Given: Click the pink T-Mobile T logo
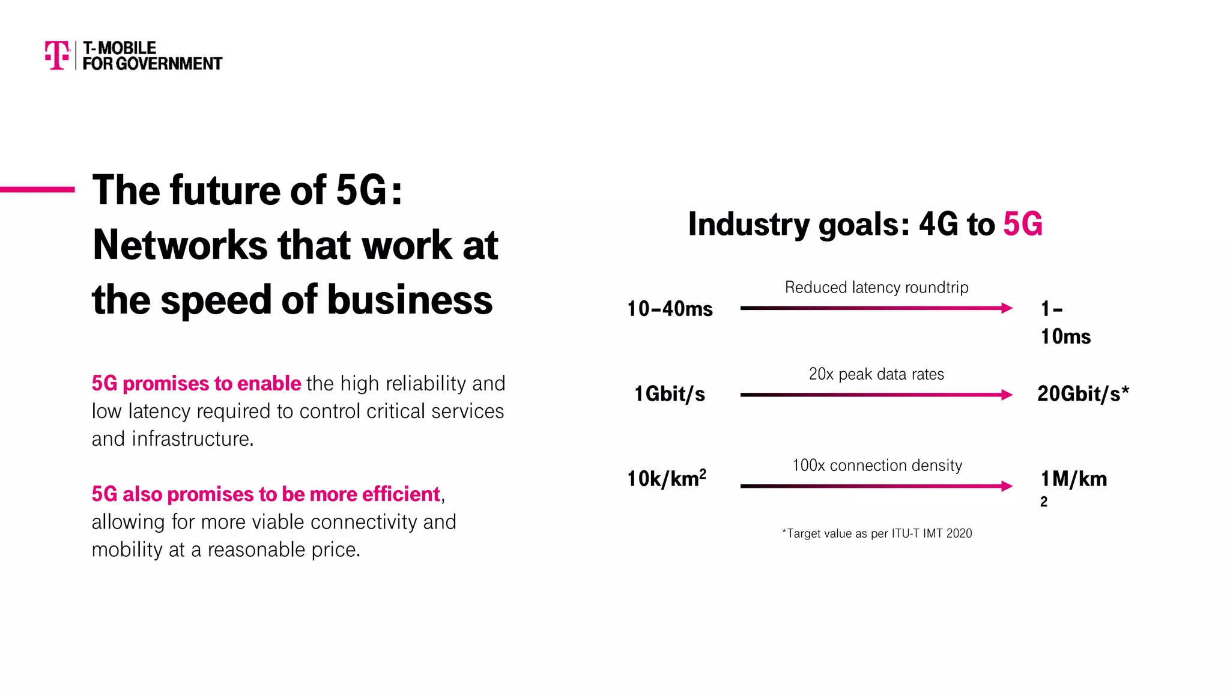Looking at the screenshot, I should click(x=57, y=55).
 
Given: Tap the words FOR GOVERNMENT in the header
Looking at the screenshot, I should click(x=152, y=64).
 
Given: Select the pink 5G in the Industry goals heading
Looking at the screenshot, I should click(x=1022, y=225).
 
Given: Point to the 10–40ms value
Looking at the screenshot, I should click(x=670, y=309).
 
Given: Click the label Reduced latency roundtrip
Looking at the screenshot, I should click(x=876, y=288).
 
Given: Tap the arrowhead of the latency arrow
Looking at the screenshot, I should click(x=1007, y=308).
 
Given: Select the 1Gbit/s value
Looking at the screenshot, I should click(x=670, y=394).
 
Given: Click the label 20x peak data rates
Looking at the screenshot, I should click(x=876, y=374).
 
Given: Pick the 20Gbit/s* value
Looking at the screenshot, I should click(x=1083, y=394).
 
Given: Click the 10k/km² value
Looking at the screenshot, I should click(x=667, y=479).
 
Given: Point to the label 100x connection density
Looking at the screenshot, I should click(x=877, y=466).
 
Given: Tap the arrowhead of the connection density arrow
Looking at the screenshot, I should click(x=1007, y=486).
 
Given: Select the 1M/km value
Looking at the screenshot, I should click(x=1073, y=479).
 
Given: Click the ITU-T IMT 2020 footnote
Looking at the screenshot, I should click(x=876, y=533).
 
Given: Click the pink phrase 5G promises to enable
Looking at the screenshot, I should click(x=196, y=383).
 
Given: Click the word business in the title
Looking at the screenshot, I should click(x=410, y=300).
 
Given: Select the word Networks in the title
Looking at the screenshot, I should click(x=180, y=245).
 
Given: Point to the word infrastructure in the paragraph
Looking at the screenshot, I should click(x=192, y=439).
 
